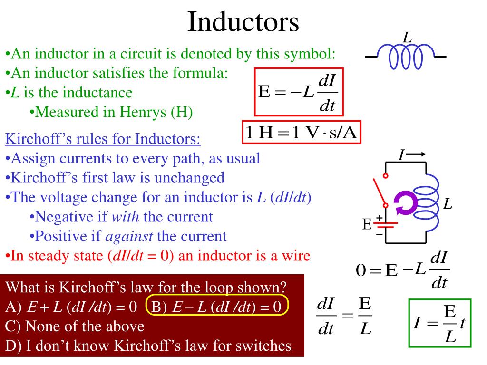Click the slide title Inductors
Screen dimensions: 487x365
click(243, 21)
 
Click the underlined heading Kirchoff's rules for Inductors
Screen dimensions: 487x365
click(103, 140)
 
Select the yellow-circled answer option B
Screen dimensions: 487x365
click(218, 307)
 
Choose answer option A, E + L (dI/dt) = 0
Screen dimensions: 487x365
click(71, 307)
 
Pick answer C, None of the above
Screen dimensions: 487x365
click(75, 327)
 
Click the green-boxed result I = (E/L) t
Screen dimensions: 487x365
click(439, 323)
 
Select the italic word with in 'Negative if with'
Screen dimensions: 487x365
click(125, 217)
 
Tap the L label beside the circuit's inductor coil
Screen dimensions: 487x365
click(448, 205)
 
